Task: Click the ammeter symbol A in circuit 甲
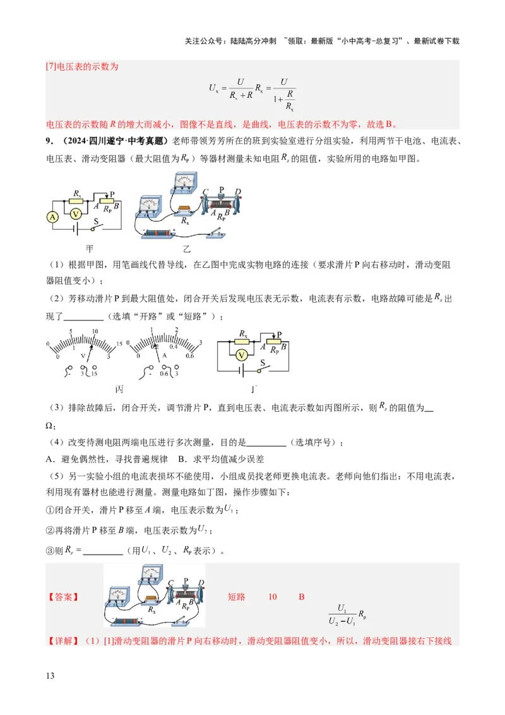coord(52,217)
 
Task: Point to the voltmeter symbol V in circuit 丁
coord(241,356)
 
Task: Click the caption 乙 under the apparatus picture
coord(187,249)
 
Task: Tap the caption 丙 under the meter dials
coord(119,388)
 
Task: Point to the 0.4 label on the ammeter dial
coord(172,347)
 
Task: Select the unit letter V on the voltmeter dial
coord(83,356)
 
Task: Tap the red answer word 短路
coord(236,596)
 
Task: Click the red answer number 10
coord(273,596)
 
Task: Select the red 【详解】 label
coord(62,641)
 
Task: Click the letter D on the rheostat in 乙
coord(237,191)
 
